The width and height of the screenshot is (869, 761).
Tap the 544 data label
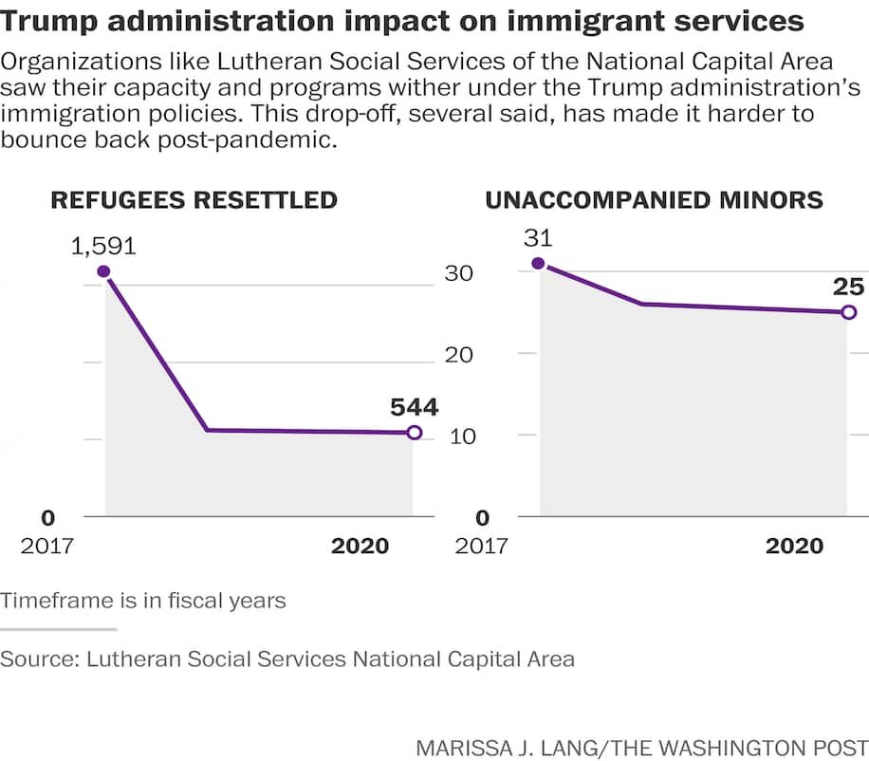(x=414, y=407)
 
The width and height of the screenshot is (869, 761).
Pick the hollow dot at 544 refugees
(x=414, y=433)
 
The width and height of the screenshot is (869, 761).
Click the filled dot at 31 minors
(x=538, y=264)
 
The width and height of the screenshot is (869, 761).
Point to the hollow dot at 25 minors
(x=848, y=312)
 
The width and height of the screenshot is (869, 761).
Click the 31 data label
(x=538, y=238)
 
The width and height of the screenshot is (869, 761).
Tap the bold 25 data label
(x=848, y=286)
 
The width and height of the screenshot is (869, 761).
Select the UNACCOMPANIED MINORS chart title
(x=654, y=200)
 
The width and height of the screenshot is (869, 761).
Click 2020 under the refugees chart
(x=360, y=547)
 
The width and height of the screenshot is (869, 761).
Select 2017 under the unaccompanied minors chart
(x=481, y=547)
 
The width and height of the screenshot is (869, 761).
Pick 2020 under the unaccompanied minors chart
(x=794, y=547)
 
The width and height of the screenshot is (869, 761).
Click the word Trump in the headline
(x=46, y=20)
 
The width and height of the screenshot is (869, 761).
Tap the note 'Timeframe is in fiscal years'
(x=143, y=601)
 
